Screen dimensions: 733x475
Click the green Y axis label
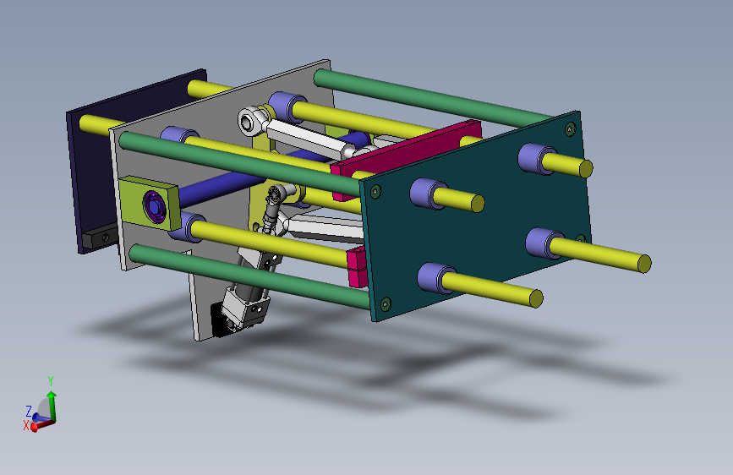[x=51, y=380]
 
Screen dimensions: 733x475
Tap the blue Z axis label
[x=29, y=411]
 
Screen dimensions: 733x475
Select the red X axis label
[x=26, y=425]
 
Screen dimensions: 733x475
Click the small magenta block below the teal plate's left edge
[x=357, y=268]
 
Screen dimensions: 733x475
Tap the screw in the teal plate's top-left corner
[x=375, y=191]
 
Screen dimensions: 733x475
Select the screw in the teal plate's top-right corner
[x=570, y=128]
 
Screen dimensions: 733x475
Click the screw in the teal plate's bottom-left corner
[x=386, y=304]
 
